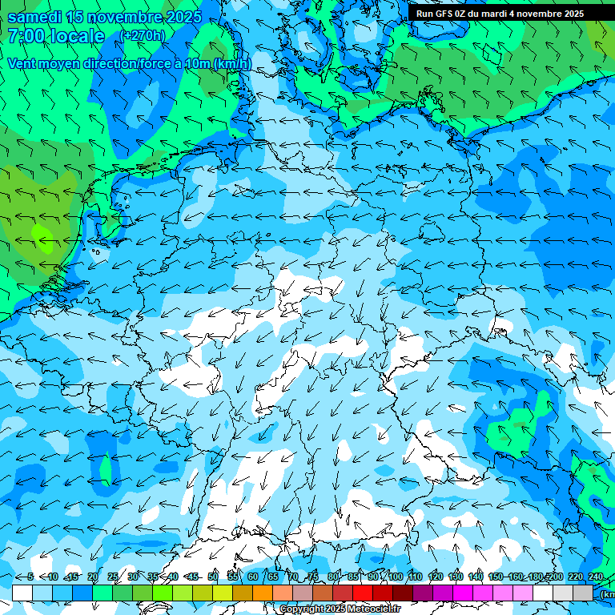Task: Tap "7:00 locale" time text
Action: pyautogui.click(x=56, y=36)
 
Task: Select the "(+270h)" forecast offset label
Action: pyautogui.click(x=143, y=36)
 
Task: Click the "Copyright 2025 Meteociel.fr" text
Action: pyautogui.click(x=340, y=609)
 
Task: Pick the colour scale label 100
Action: pyautogui.click(x=396, y=577)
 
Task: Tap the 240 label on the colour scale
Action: pyautogui.click(x=596, y=577)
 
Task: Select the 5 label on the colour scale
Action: pyautogui.click(x=30, y=577)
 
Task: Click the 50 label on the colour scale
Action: pyautogui.click(x=213, y=577)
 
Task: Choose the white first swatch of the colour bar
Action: pyautogui.click(x=22, y=593)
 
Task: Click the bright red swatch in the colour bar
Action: pyautogui.click(x=363, y=593)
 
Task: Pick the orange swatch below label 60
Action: pyautogui.click(x=263, y=593)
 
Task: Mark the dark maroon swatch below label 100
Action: pyautogui.click(x=403, y=593)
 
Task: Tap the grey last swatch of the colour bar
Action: pyautogui.click(x=583, y=593)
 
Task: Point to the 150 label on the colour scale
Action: pyautogui.click(x=496, y=577)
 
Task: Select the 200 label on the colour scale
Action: pyautogui.click(x=556, y=577)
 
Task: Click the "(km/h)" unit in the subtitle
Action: pyautogui.click(x=234, y=63)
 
